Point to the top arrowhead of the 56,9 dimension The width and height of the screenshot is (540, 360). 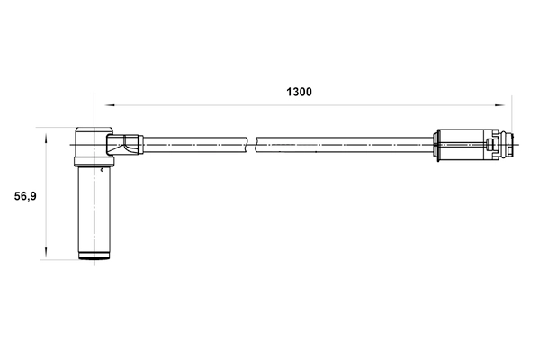(46, 133)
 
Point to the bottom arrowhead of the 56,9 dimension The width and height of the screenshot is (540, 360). (46, 256)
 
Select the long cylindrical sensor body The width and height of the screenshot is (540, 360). (92, 211)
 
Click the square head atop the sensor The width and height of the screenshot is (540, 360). (91, 141)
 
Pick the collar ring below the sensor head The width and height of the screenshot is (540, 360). (92, 162)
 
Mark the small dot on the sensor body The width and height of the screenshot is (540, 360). (103, 168)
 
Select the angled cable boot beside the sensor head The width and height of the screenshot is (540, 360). (125, 143)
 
